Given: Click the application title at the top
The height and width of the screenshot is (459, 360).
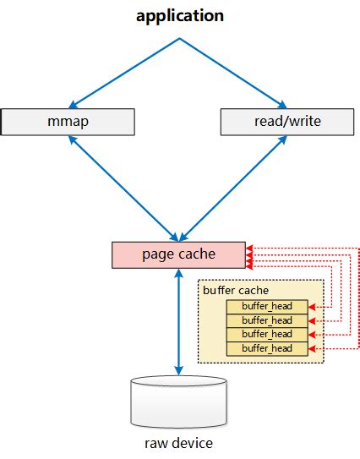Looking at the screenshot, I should [179, 16].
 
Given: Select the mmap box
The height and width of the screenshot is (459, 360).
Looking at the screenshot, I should [68, 121].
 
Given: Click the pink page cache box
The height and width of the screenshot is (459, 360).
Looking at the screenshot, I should [178, 254].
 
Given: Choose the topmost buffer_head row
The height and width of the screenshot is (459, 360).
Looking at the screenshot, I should [266, 306].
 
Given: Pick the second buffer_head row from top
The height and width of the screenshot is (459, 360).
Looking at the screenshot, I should [266, 320].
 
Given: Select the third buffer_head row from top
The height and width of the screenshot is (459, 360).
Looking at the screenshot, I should [266, 334].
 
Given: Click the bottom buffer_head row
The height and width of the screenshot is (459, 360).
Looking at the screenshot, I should [266, 348].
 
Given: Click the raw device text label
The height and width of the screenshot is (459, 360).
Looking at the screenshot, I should [178, 443].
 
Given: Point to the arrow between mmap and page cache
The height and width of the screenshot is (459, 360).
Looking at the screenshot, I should [123, 188].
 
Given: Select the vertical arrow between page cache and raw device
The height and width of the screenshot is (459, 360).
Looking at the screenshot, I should [178, 321].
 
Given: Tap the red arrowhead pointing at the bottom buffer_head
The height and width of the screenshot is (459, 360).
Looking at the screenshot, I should [312, 348].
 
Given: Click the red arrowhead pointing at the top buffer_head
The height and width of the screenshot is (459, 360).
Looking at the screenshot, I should [312, 306].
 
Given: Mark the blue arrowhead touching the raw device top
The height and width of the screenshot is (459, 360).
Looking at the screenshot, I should [178, 369].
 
